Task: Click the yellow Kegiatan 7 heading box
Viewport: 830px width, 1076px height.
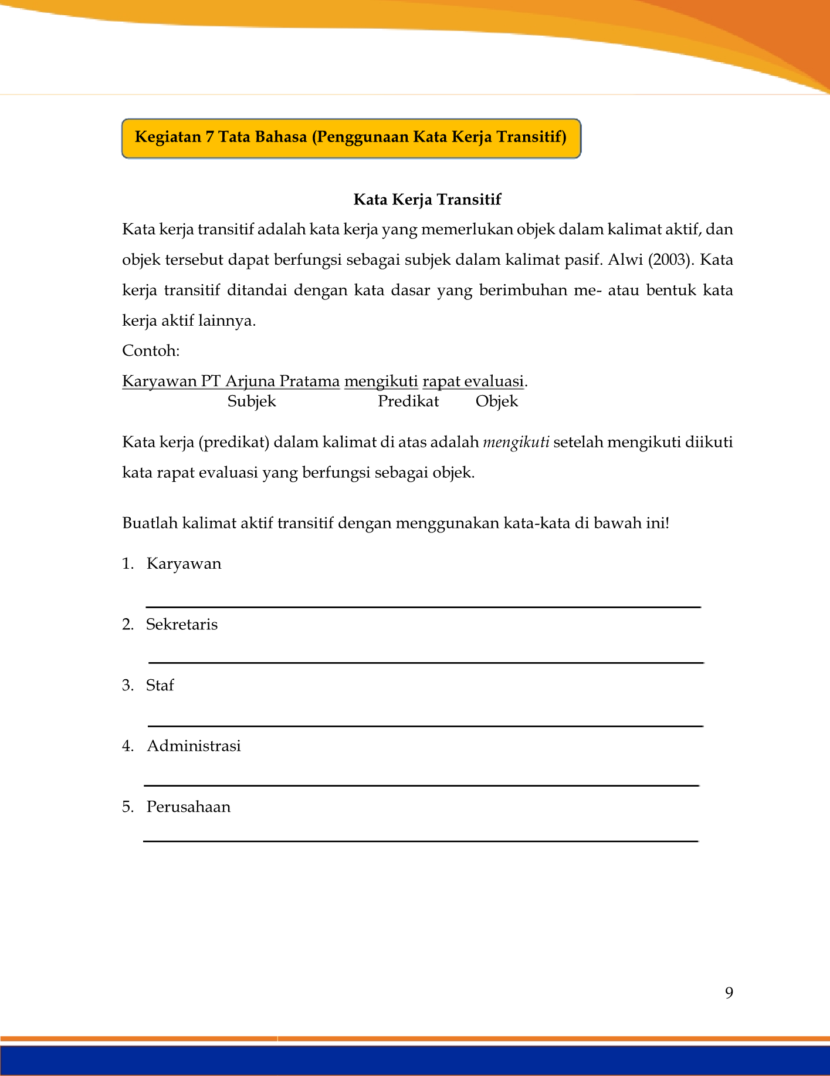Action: click(x=351, y=138)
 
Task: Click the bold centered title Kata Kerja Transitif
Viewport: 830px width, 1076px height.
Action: click(x=427, y=200)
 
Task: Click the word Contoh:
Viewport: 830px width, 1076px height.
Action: click(x=151, y=351)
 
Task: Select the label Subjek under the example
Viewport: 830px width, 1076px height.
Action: click(x=252, y=402)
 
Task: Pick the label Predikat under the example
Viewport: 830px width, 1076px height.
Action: click(x=408, y=402)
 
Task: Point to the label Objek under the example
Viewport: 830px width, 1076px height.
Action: click(x=497, y=402)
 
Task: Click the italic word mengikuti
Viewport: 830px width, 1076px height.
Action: click(x=516, y=442)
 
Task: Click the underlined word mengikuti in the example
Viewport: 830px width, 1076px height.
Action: click(x=381, y=382)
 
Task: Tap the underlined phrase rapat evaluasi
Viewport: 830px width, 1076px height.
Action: click(x=473, y=382)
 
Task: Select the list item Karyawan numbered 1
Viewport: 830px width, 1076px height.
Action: click(x=184, y=564)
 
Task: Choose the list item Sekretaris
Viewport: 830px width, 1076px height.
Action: click(x=182, y=625)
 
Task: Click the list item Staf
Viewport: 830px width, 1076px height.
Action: click(x=160, y=686)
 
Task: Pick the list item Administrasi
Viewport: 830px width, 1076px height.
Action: click(x=194, y=746)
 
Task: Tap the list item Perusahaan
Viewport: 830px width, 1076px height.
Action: click(x=188, y=807)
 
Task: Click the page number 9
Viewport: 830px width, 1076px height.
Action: click(x=729, y=993)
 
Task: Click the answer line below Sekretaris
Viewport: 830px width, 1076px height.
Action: click(x=425, y=662)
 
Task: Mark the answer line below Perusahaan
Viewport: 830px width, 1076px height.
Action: click(x=421, y=841)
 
